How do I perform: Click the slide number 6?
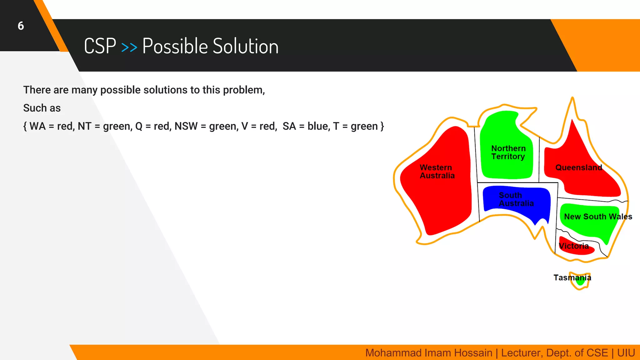point(21,26)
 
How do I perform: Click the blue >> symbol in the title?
point(129,47)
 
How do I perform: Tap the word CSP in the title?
point(100,47)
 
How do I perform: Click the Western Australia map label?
point(437,172)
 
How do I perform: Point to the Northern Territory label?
point(508,152)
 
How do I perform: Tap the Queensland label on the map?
point(578,167)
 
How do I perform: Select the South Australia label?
point(516,199)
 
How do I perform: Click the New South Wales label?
point(598,217)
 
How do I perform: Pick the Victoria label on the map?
point(574,246)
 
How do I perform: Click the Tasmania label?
point(572,277)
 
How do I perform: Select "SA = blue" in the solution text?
point(305,126)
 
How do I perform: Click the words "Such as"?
point(42,108)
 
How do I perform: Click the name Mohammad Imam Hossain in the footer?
point(428,353)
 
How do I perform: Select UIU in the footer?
point(626,353)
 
